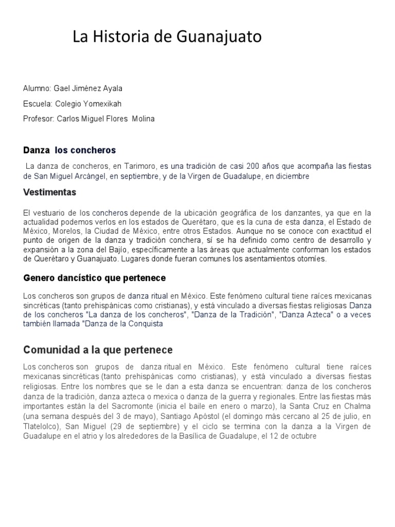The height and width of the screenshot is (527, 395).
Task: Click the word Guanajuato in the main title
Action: [x=219, y=37]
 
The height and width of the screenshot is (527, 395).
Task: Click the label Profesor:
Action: [x=39, y=118]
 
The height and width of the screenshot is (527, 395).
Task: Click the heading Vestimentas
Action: [x=49, y=192]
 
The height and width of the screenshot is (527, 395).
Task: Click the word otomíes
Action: [x=310, y=259]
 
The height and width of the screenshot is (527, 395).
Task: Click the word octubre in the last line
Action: [x=302, y=436]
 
